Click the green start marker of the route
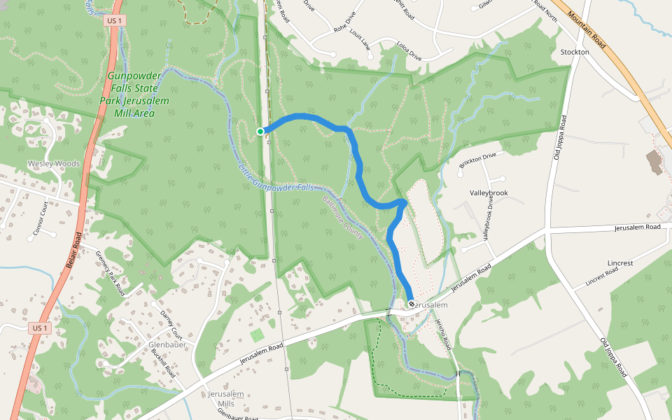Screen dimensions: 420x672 (260, 132)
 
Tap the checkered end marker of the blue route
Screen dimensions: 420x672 (411, 304)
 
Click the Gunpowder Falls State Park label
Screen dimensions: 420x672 (134, 94)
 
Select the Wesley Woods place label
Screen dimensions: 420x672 (54, 164)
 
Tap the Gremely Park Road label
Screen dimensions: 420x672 (111, 272)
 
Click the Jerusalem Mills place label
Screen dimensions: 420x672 (225, 399)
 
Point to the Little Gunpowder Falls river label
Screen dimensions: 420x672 (276, 179)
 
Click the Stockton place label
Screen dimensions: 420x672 (575, 52)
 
